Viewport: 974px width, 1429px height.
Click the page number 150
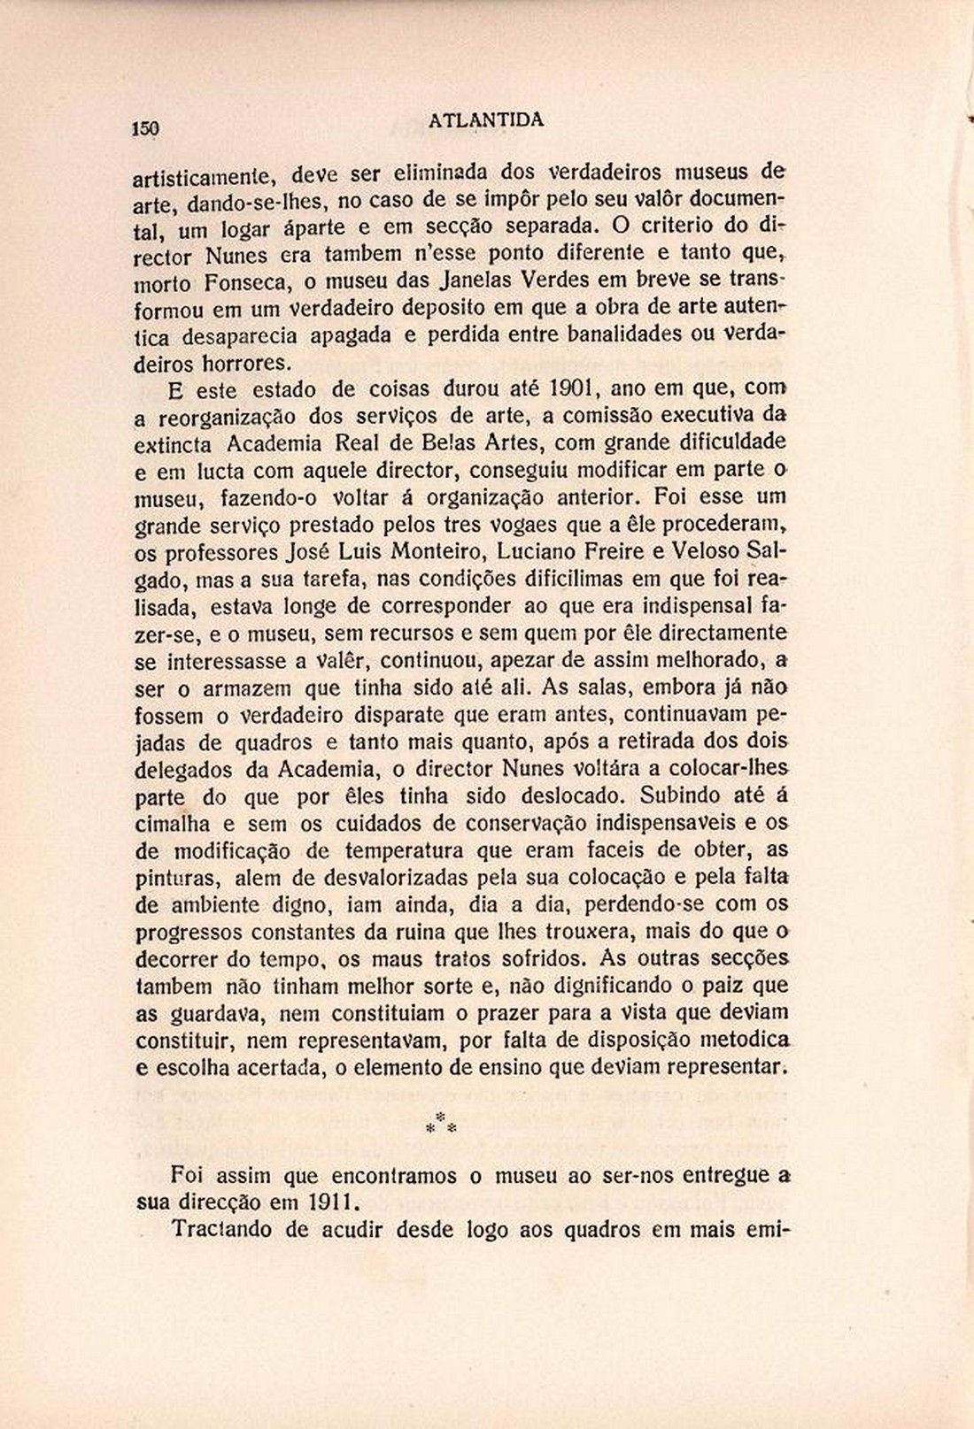pos(145,128)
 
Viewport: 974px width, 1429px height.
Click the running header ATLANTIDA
pos(486,120)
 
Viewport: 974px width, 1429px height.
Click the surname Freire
pos(629,551)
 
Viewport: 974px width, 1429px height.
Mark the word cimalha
pos(173,824)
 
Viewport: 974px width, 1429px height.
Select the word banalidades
pos(624,335)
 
